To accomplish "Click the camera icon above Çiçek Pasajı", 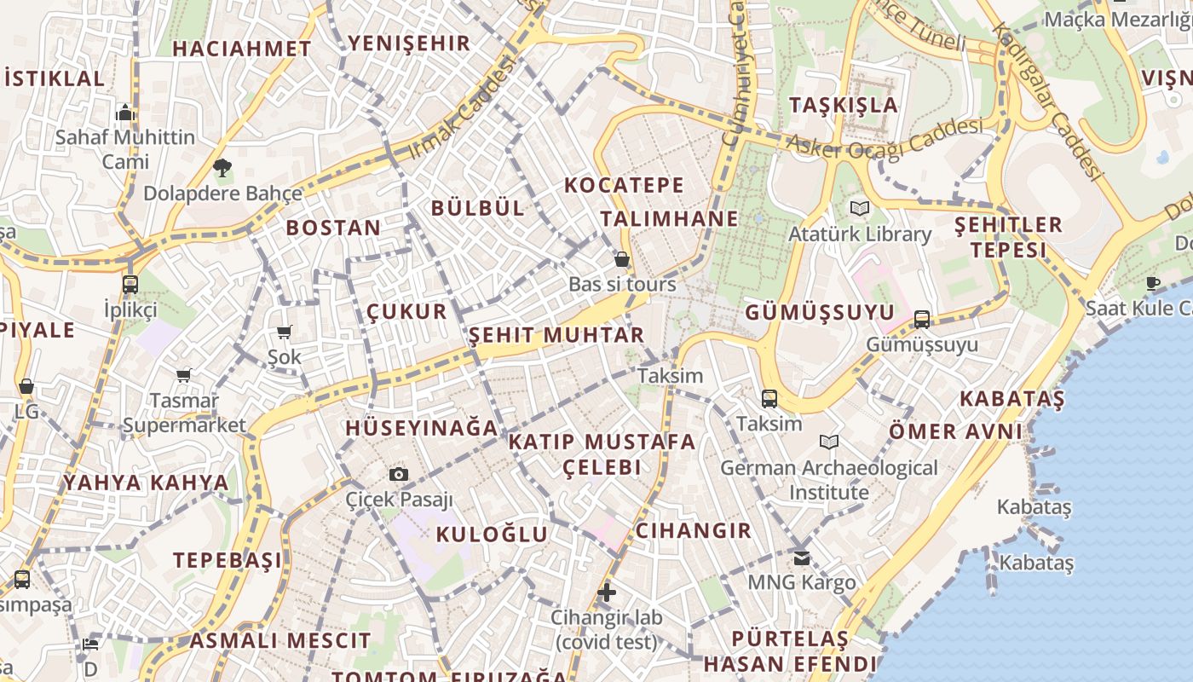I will pos(398,475).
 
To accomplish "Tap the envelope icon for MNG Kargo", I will pos(802,558).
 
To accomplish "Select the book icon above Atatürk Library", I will pos(860,208).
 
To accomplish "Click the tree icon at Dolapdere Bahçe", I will pos(222,168).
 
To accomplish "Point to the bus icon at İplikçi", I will pos(130,285).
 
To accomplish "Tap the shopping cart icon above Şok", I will pos(284,332).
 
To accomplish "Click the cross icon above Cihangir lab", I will pos(607,592).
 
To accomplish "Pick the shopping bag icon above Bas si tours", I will pos(622,259).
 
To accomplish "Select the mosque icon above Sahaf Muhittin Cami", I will pos(125,113).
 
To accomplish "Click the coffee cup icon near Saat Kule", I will pos(1153,283).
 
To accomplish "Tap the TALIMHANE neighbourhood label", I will pos(669,219).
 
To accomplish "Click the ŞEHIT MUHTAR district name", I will pos(556,335).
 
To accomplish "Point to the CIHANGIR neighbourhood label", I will pos(694,531).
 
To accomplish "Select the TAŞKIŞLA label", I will pos(844,105).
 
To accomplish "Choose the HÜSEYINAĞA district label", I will pos(421,428).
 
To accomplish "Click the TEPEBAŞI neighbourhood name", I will pos(228,560).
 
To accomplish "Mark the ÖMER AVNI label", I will pos(955,431).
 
